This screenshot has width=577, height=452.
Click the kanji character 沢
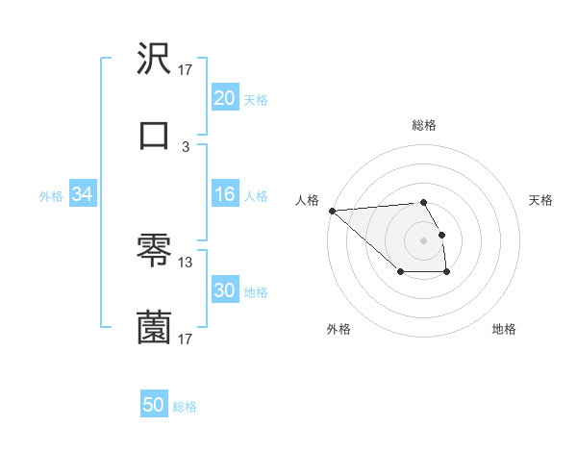coord(155,61)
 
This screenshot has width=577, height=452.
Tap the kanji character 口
coord(155,136)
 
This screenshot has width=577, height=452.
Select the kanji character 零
coord(155,252)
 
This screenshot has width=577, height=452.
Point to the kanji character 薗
coord(155,327)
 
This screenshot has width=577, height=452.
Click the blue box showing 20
coord(224,98)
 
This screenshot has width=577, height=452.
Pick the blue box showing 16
coord(224,194)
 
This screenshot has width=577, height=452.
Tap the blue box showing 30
coord(224,290)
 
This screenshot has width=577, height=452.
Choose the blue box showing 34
coord(83,194)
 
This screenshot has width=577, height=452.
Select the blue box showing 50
coord(154,405)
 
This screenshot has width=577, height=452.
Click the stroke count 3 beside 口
coord(186,147)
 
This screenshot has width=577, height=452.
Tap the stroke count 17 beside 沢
coord(186,70)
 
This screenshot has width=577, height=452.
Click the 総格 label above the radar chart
coord(424,125)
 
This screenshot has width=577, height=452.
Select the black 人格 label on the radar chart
coord(307,200)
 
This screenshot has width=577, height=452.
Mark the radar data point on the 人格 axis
coord(332,211)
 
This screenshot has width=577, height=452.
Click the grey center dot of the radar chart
coord(424,240)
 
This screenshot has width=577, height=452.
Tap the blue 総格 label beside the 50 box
coord(185,406)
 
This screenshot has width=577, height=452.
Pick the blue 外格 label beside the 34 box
coord(51,195)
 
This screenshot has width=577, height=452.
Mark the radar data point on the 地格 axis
coord(447,273)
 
